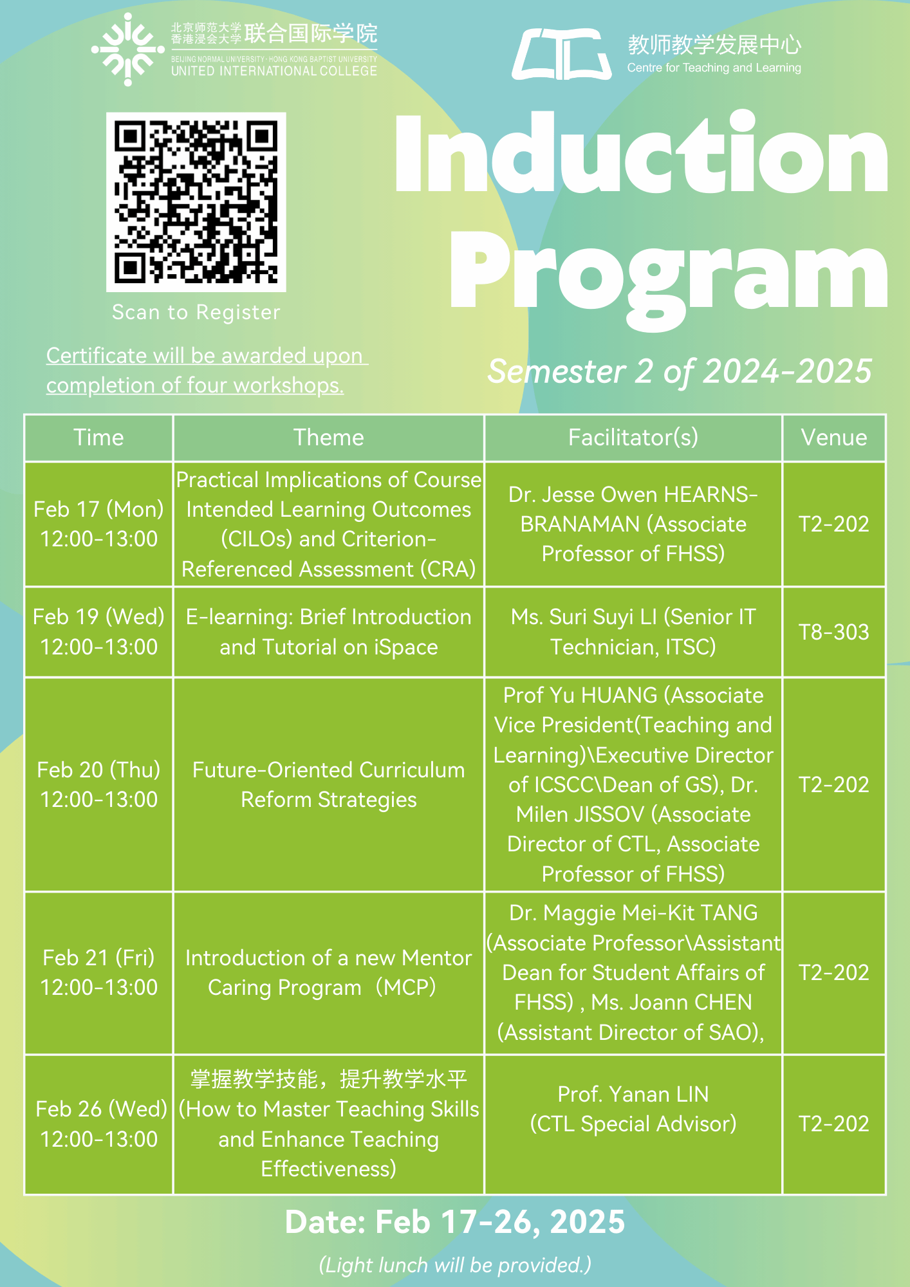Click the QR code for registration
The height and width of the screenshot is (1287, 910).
(196, 201)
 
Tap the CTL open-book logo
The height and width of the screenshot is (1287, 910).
(561, 54)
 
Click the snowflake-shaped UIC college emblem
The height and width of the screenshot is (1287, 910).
(127, 50)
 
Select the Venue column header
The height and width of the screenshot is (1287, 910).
(833, 438)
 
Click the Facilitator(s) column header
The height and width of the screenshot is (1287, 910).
(633, 438)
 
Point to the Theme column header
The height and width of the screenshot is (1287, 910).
(328, 438)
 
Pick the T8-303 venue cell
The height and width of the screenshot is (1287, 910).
(833, 632)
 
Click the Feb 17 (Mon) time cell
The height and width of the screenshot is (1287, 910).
(98, 524)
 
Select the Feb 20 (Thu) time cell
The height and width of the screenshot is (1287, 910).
(98, 784)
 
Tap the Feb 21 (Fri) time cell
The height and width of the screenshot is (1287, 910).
(98, 972)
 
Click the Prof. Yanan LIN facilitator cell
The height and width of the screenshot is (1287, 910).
(633, 1109)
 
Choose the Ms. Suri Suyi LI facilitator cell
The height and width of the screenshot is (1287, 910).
(633, 632)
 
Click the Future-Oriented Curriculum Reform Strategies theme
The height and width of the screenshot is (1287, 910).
(328, 784)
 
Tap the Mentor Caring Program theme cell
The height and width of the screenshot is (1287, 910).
(328, 972)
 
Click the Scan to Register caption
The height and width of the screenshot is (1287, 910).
(196, 312)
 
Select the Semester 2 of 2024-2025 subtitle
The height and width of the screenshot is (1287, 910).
(680, 371)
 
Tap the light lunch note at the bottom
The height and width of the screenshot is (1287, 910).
(455, 1264)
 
